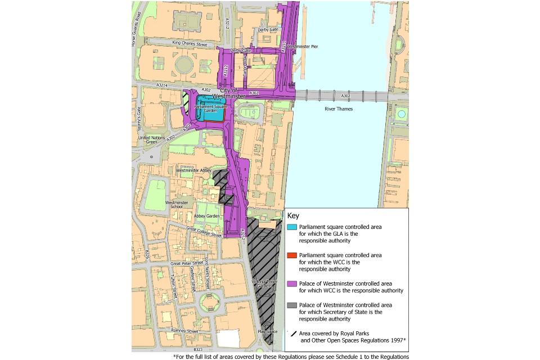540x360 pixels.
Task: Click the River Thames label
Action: (338, 109)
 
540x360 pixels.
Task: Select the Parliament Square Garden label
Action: (210, 109)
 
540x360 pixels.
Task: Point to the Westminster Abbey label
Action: (193, 169)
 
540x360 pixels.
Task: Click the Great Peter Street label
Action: (186, 263)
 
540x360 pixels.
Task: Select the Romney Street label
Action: (184, 331)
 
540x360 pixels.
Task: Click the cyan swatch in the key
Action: (291, 227)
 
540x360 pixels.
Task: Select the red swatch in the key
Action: (291, 255)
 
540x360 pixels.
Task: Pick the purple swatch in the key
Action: (291, 283)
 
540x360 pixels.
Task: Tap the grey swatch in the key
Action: (291, 305)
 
